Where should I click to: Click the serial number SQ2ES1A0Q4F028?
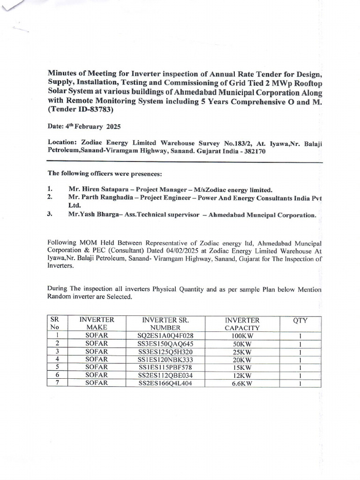(165, 336)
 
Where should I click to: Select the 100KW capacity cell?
(242, 336)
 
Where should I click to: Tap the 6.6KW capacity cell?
(242, 383)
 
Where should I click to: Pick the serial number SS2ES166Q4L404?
(165, 383)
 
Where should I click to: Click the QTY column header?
(300, 321)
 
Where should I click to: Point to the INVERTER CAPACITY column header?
(242, 324)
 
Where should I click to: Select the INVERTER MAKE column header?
(97, 324)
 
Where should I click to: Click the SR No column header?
(56, 324)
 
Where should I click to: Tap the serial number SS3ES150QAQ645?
(165, 344)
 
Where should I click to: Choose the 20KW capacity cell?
(242, 360)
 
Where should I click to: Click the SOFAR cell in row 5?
(97, 367)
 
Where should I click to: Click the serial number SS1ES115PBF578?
(165, 367)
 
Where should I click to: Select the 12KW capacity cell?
(242, 375)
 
